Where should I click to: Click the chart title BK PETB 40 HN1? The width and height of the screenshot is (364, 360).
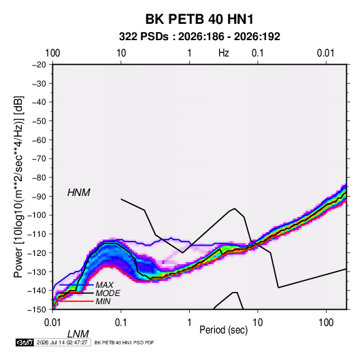coord(199,19)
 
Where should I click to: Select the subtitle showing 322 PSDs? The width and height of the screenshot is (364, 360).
coord(199,37)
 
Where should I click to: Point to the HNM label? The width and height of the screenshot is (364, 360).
coord(79,193)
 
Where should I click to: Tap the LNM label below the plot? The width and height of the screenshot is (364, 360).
coord(78,334)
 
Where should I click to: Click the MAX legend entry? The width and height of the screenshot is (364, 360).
coord(105,284)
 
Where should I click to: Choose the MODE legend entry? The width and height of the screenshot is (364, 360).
coord(107,293)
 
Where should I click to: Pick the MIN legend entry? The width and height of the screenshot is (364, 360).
coord(103,301)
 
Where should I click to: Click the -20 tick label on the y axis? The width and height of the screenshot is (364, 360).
coord(39,65)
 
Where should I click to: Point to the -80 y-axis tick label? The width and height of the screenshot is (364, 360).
coord(39,178)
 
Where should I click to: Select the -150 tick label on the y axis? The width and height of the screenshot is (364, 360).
coord(37,310)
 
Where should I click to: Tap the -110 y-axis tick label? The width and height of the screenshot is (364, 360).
coord(37,234)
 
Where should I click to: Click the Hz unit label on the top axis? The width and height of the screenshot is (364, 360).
coord(224,53)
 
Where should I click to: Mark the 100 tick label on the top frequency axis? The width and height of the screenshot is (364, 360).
coord(52,53)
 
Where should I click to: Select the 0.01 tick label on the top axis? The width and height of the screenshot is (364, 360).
coord(326,53)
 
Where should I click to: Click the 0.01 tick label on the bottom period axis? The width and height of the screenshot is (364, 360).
coord(52,323)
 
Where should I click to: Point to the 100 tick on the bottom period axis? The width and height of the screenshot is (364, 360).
coord(326,323)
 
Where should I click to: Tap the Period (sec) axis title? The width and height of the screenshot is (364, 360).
coord(224,330)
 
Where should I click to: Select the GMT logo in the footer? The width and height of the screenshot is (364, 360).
coord(25,342)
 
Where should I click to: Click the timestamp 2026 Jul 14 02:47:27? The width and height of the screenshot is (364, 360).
coord(62,342)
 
